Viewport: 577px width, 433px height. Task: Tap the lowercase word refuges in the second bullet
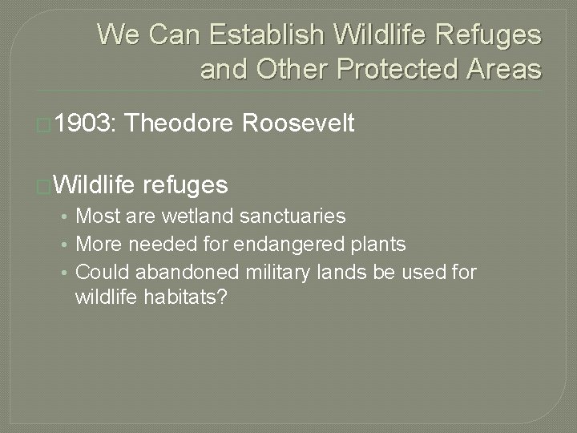click(185, 186)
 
